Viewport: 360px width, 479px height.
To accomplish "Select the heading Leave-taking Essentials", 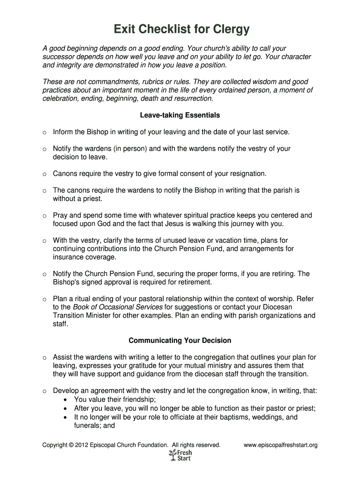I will coord(180,115).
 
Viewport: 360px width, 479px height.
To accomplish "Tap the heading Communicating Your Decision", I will coord(180,341).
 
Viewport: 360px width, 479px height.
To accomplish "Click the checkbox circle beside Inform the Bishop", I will coord(44,132).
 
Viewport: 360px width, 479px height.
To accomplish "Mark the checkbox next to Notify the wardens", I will coord(44,149).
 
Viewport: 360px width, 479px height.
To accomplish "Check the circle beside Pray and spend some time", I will coord(44,216).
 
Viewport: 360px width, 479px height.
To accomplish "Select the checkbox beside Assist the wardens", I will coord(44,358).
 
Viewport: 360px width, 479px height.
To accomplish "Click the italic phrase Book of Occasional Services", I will coord(118,307).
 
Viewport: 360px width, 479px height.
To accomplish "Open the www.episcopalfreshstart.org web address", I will coord(281,445).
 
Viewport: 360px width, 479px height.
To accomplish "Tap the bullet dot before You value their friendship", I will coord(65,400).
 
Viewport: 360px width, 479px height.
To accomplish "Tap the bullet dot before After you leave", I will coord(65,408).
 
